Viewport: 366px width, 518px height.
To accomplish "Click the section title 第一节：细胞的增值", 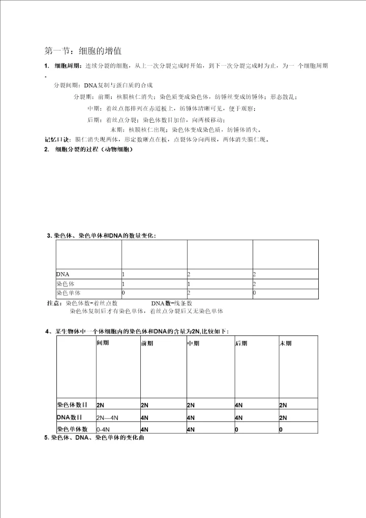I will pyautogui.click(x=83, y=51).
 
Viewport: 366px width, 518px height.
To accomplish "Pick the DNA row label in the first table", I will pyautogui.click(x=63, y=275).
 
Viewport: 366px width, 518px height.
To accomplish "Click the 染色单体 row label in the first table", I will pyautogui.click(x=70, y=293).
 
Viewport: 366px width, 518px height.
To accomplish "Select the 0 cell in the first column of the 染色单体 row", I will pyautogui.click(x=124, y=293).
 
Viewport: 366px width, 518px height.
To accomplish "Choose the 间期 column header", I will pyautogui.click(x=103, y=343).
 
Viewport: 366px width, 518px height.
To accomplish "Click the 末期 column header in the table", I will pyautogui.click(x=286, y=343).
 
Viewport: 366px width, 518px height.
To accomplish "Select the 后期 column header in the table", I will pyautogui.click(x=241, y=343).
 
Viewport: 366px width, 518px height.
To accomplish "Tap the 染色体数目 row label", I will pyautogui.click(x=72, y=405).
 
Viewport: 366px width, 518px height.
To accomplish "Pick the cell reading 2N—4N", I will pyautogui.click(x=107, y=418).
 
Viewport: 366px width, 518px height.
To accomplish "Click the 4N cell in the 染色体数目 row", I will pyautogui.click(x=238, y=406).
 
